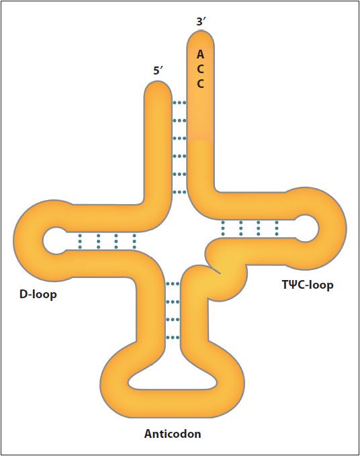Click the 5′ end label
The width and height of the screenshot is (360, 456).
point(159,71)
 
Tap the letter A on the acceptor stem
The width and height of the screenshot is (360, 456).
point(200,54)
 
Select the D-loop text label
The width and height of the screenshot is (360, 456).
point(38,294)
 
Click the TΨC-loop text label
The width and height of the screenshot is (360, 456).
point(308,285)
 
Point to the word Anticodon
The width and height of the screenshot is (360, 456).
point(173,434)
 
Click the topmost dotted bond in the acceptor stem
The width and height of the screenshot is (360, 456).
point(179,103)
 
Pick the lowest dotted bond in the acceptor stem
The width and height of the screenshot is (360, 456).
point(179,192)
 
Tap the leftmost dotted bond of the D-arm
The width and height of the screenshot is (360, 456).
point(80,241)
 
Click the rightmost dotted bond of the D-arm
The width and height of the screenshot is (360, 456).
point(134,241)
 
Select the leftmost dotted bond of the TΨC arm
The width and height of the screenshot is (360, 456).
point(223,228)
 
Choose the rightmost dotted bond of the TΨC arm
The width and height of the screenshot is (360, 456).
point(277,228)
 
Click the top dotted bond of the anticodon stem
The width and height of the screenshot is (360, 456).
point(173,283)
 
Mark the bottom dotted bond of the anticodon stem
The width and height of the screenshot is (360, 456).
point(173,338)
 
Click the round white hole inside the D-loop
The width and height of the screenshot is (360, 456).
point(55,241)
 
